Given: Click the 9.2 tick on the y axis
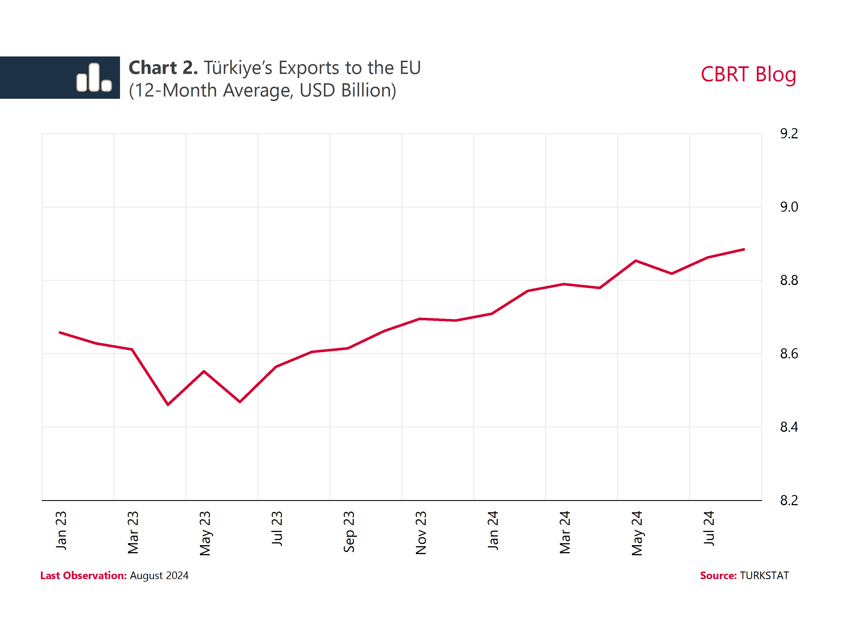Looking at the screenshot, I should pos(789,133).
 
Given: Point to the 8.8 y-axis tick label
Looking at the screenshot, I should pos(789,280).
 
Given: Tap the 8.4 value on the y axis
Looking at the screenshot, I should pos(789,427).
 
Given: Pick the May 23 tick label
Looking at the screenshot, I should pos(205,533).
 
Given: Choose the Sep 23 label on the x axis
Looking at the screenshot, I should pos(349,532).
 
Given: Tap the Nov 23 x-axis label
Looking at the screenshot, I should pos(421,533).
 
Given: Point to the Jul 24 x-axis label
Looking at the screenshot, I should pos(709,528).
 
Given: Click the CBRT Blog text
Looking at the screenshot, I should pos(748,74).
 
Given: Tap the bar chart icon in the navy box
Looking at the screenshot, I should pos(94,78).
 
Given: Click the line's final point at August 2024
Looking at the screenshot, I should pos(744,249).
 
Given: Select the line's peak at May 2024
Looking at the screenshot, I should pos(636,261).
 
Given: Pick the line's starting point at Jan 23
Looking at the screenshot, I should pos(60,333).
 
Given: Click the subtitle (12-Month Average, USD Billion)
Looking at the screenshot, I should pos(262,91).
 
